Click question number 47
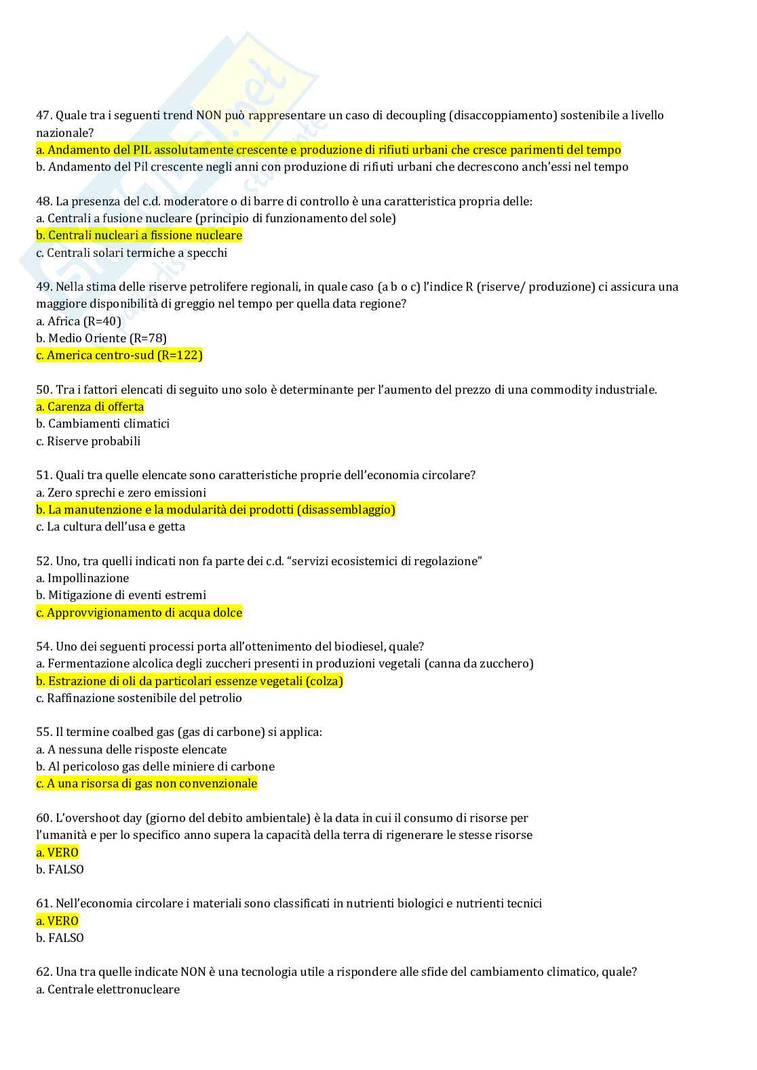44,115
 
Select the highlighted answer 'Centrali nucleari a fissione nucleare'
139,235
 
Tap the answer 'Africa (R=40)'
79,321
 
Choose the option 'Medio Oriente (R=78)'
101,338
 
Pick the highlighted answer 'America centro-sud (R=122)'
119,355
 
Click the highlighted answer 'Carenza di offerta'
90,407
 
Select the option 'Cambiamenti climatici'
102,424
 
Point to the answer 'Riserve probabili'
88,441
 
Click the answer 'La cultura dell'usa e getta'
111,527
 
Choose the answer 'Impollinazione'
82,578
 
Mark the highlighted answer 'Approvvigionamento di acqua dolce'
139,613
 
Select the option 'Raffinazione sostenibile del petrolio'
139,698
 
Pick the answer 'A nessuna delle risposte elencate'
131,749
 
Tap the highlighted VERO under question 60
58,852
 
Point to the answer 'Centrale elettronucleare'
108,989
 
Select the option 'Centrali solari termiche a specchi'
132,253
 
